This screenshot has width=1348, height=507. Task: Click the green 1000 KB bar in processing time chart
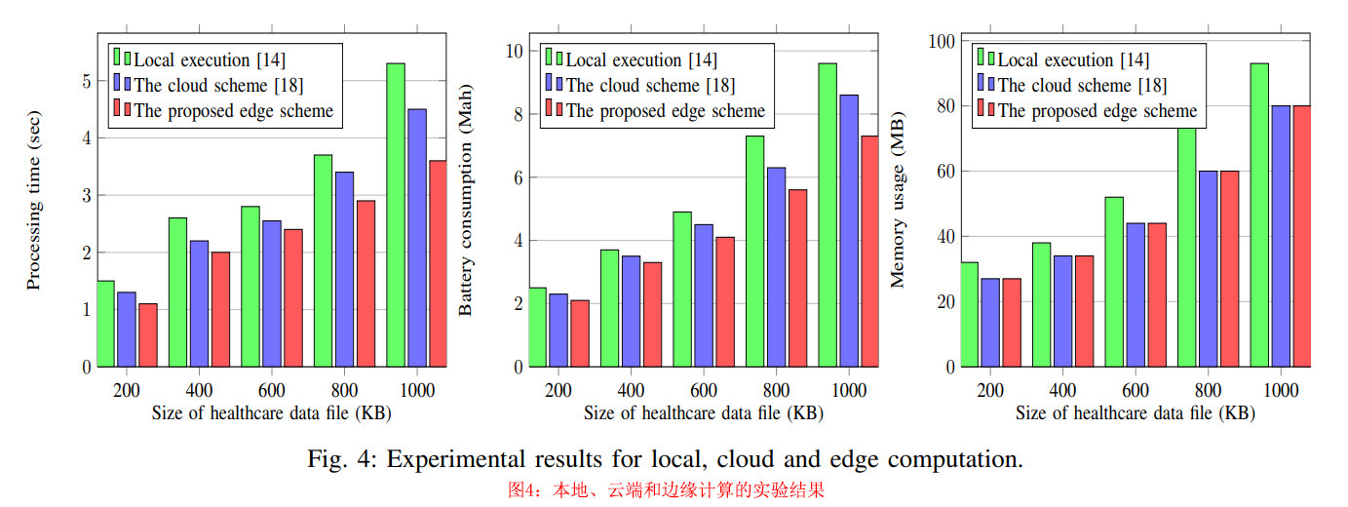[395, 214]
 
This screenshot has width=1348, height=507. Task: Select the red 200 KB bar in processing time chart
[148, 335]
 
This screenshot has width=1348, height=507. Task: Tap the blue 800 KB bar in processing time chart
[344, 269]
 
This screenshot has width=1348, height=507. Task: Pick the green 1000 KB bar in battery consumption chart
[828, 214]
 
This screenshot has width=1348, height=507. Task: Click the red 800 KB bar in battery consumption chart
[797, 278]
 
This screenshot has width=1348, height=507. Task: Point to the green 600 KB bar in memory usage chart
[1114, 282]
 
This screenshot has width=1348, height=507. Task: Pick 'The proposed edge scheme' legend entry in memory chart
[1097, 110]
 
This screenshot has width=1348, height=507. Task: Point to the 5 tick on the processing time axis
[87, 81]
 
